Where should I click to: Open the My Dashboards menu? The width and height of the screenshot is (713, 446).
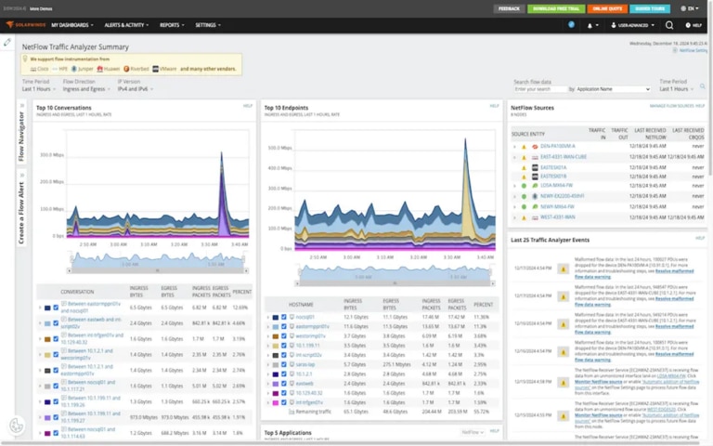click(71, 25)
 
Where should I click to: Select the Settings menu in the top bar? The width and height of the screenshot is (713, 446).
click(208, 25)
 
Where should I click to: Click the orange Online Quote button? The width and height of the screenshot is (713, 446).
click(609, 8)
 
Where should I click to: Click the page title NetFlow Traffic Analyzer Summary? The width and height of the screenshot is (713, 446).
click(75, 46)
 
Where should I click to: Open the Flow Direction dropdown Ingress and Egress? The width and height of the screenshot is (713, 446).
click(84, 88)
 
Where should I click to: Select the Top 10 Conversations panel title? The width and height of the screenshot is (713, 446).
click(64, 107)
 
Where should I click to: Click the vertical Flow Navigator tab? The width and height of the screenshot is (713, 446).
click(21, 136)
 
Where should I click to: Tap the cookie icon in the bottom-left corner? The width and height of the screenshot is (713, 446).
click(17, 426)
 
